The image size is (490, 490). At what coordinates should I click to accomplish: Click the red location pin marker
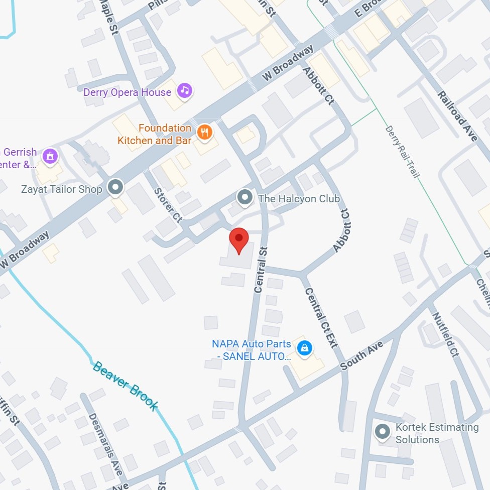239,240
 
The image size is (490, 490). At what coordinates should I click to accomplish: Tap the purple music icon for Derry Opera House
185,90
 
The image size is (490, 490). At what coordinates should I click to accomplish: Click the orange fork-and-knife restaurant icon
204,133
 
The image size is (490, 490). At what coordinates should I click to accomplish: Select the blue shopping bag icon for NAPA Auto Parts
304,347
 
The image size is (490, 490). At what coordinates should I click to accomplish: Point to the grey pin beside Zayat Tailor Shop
116,188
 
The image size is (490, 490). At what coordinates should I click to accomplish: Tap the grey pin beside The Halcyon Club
245,197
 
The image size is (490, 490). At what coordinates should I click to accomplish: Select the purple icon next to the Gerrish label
50,156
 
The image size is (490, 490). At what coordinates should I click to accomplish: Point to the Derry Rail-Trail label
402,151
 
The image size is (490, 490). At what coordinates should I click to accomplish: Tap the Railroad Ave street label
457,116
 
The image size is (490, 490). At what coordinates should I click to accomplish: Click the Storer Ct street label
168,204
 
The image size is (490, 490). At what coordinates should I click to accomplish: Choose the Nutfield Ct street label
446,333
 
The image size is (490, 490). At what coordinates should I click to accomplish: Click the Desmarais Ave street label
105,444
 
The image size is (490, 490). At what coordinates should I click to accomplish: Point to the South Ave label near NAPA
362,355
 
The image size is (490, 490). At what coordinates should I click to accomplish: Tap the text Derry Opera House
127,92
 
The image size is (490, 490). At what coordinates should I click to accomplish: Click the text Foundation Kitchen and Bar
155,134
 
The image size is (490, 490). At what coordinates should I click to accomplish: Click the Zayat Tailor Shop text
62,189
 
